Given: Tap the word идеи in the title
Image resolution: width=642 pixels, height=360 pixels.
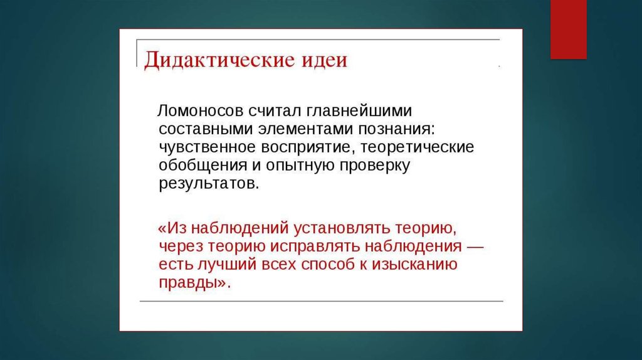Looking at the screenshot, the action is click(x=325, y=60).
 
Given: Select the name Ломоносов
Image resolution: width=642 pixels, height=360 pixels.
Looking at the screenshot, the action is click(x=201, y=110).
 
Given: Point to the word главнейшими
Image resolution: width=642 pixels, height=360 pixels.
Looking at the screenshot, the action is click(x=359, y=111).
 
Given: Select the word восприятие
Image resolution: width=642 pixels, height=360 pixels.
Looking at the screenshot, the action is click(x=306, y=147).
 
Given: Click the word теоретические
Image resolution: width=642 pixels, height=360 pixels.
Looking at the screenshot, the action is click(x=417, y=147).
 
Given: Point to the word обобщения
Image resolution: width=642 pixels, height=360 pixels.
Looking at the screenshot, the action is click(x=203, y=166).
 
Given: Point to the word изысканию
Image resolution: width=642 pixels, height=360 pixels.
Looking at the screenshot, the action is click(x=414, y=265).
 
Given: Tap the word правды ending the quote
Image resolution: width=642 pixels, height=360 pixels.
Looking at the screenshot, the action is click(x=187, y=283).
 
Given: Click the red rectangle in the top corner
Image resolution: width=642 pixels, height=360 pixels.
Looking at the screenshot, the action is click(x=568, y=29).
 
